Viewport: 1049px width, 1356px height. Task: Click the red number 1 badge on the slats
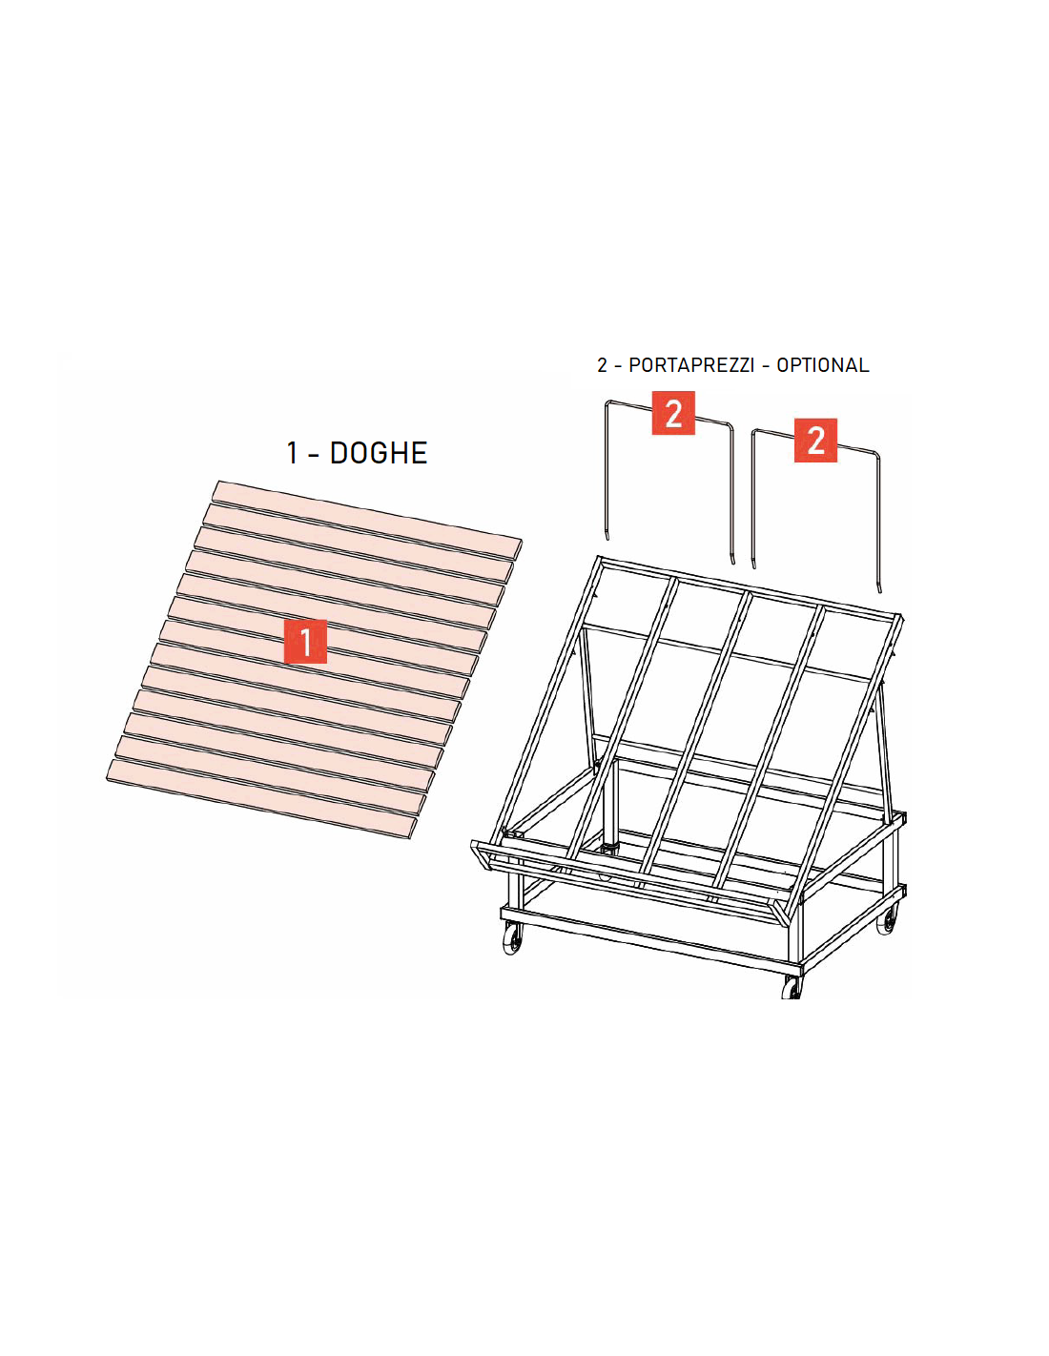click(305, 641)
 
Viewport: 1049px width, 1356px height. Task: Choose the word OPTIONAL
click(822, 365)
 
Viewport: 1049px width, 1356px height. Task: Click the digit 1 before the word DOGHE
click(292, 453)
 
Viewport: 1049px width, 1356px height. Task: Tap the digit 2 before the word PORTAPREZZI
click(602, 365)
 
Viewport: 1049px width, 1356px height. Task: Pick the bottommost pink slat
click(261, 799)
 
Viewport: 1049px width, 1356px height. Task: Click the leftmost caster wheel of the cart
click(511, 940)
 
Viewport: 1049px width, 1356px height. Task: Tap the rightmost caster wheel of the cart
click(886, 919)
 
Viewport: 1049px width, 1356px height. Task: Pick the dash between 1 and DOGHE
click(314, 454)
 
